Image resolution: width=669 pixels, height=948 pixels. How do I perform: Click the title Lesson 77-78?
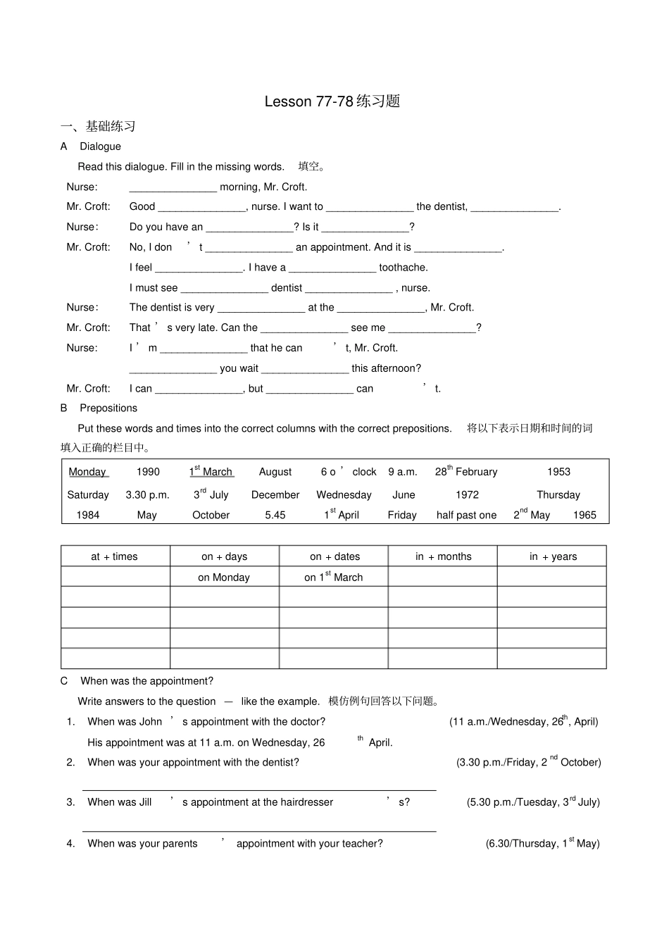[332, 101]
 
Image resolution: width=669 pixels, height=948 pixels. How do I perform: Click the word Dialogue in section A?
[100, 146]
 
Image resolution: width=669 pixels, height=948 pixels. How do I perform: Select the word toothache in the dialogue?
[404, 268]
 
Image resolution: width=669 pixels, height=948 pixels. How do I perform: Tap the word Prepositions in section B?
[108, 408]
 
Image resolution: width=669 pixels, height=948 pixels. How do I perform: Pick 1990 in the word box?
[148, 472]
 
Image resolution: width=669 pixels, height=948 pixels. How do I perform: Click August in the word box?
[275, 472]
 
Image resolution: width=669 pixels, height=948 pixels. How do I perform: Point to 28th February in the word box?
[465, 472]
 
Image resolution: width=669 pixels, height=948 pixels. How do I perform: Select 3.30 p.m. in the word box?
[147, 495]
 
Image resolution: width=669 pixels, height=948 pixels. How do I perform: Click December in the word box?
[275, 495]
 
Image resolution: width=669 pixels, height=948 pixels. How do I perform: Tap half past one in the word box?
[466, 516]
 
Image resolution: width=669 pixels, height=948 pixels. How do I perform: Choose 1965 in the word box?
[584, 516]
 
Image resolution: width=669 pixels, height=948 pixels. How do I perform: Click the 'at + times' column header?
[115, 556]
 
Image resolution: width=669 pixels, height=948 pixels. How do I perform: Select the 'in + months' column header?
[443, 556]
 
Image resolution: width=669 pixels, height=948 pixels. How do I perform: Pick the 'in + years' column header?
[553, 556]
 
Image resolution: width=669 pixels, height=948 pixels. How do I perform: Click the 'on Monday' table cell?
[224, 578]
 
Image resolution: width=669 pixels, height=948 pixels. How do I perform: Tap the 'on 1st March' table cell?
[334, 578]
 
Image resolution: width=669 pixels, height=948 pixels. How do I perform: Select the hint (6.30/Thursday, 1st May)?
[542, 844]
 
